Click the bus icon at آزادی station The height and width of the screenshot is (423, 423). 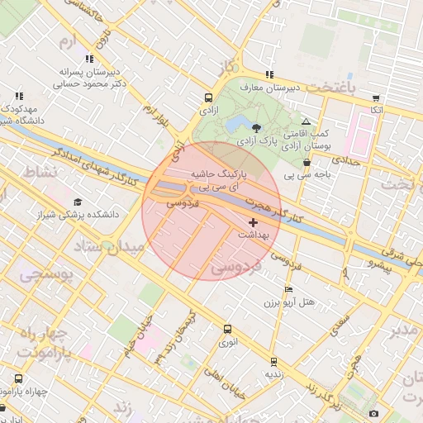click(207, 97)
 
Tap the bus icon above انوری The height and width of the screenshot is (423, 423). click(227, 329)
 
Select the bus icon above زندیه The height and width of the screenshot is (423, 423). click(273, 362)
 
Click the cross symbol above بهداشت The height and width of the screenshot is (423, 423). click(253, 222)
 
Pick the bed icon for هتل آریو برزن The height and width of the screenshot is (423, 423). click(288, 289)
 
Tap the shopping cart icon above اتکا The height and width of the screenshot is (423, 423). click(377, 97)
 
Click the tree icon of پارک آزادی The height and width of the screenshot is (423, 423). click(256, 128)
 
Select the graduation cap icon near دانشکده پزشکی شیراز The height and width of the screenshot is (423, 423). click(78, 202)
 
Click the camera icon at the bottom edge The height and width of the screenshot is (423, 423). click(374, 413)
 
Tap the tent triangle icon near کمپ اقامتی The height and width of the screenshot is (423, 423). click(306, 121)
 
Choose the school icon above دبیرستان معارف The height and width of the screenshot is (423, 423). click(269, 75)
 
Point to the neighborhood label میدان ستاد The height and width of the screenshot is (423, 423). click(106, 246)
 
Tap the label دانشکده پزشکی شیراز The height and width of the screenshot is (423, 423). click(79, 214)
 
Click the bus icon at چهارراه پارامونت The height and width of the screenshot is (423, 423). click(18, 379)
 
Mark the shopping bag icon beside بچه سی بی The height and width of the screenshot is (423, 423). click(307, 163)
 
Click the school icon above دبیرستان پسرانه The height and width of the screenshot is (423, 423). click(89, 59)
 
